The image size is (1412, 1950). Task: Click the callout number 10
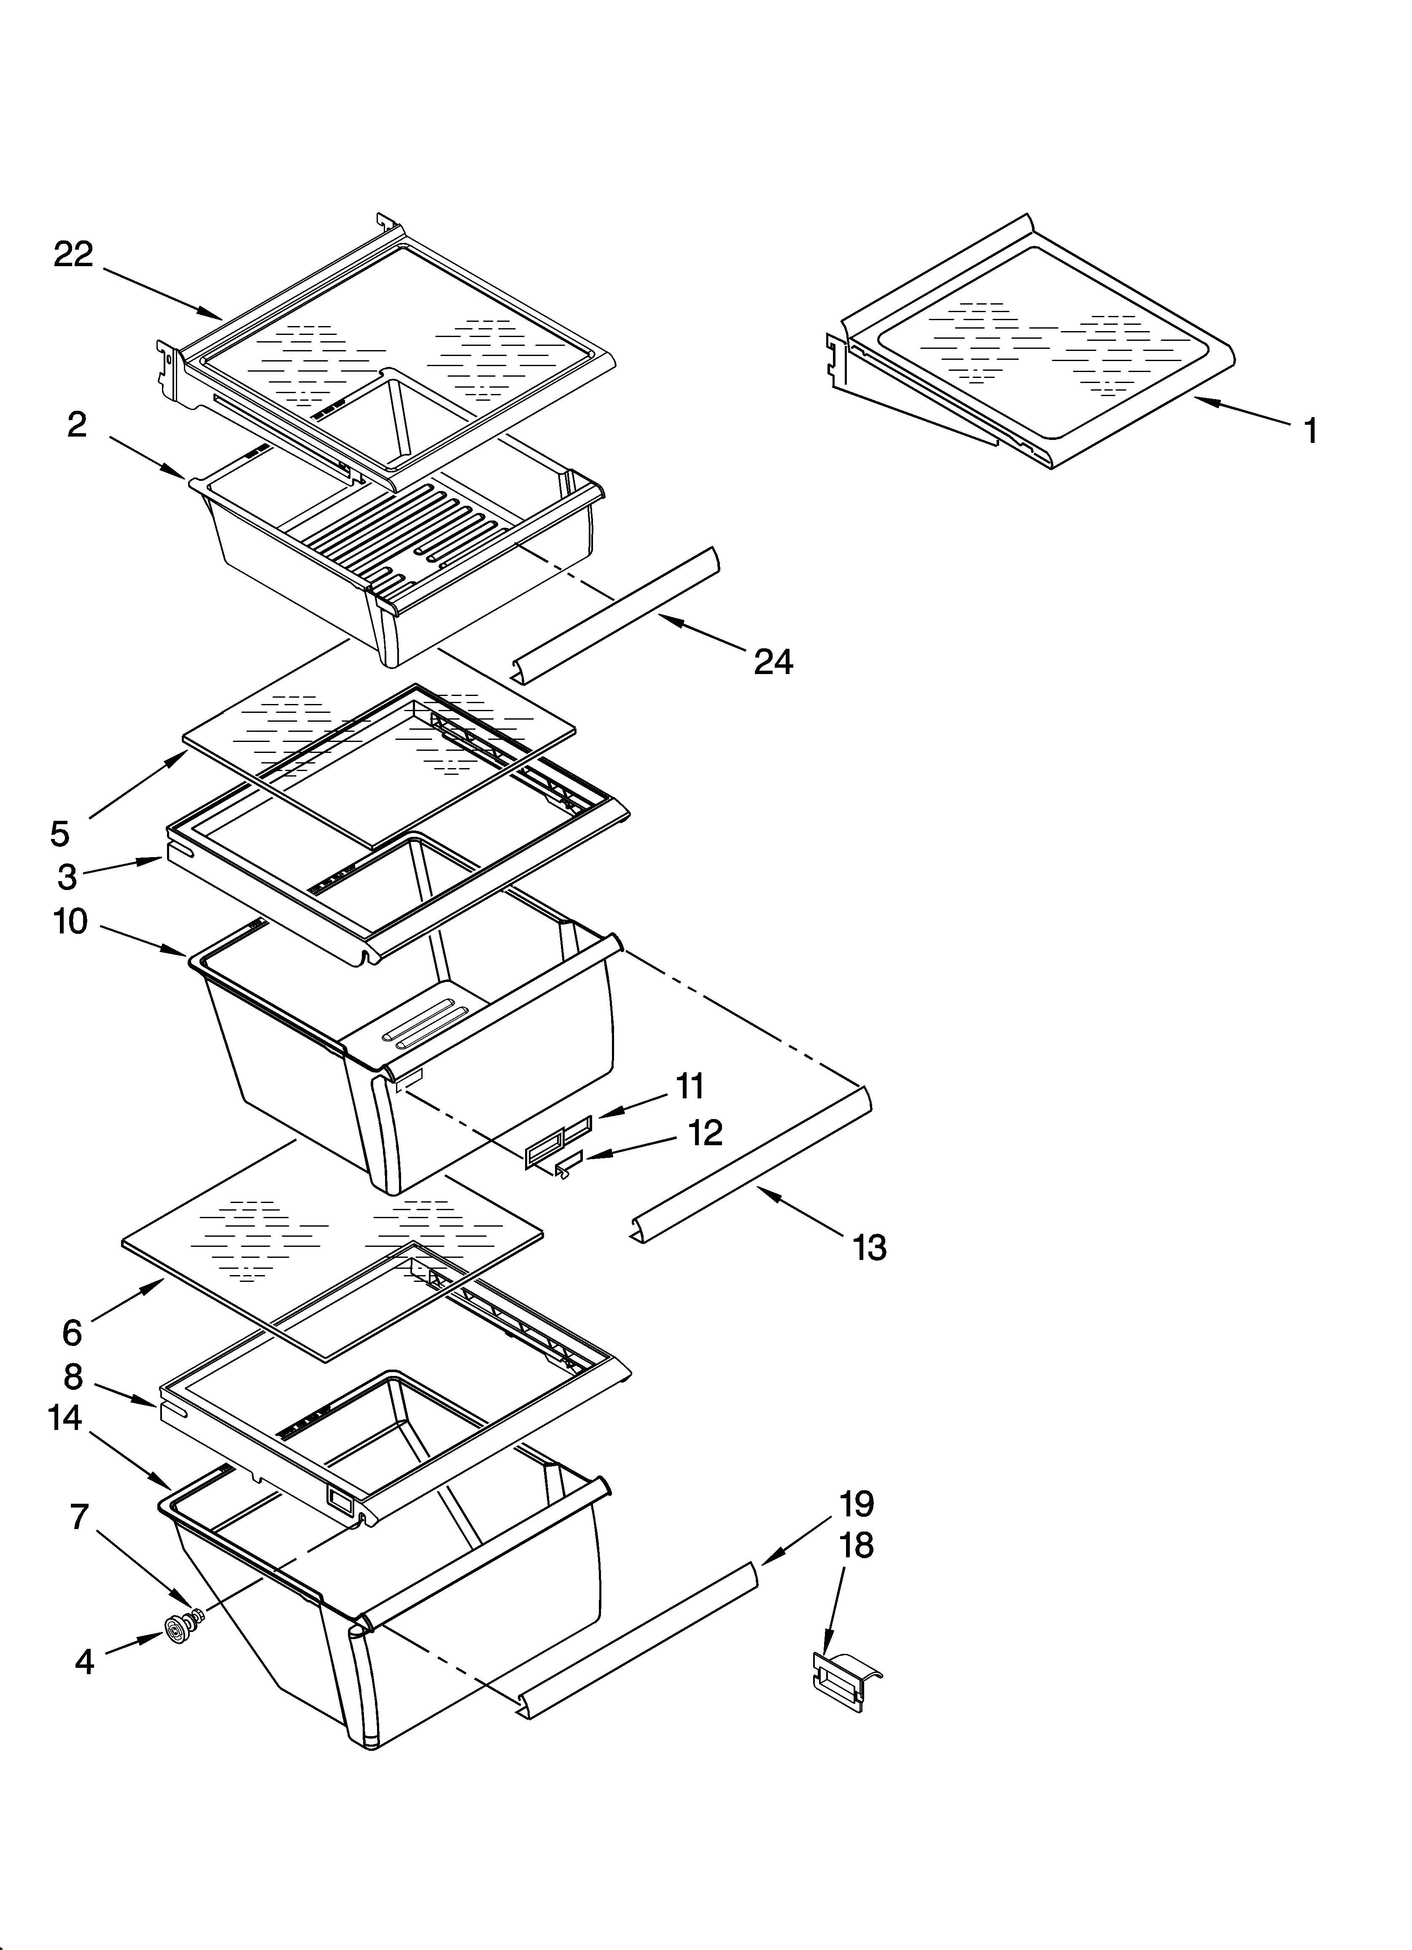point(70,922)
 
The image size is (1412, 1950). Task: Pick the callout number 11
point(690,1086)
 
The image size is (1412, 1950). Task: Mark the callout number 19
point(857,1504)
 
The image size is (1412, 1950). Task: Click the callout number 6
point(72,1332)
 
